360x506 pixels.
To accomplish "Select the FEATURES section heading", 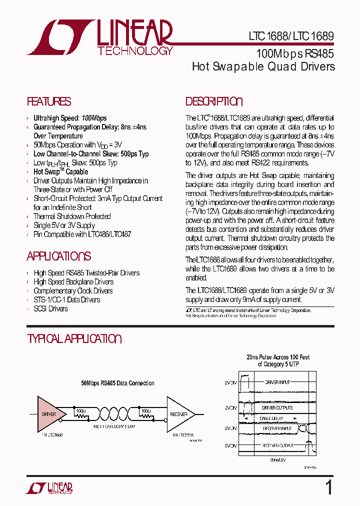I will coord(49,101).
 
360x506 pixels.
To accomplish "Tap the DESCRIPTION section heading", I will coord(214,101).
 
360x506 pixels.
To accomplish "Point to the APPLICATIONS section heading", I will coord(58,256).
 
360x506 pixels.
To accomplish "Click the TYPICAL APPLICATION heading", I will coord(74,338).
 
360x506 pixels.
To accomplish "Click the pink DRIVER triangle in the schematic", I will coord(50,414).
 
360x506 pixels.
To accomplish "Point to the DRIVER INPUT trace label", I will coord(278,382).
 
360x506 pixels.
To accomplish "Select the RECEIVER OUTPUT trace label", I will coord(278,444).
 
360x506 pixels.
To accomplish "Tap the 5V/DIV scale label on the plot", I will coord(230,445).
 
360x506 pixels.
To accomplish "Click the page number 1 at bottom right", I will coord(328,487).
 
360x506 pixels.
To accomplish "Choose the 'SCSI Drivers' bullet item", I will coord(50,309).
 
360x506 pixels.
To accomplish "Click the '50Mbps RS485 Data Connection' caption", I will coord(117,383).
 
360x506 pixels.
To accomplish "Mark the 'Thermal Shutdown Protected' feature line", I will coord(72,216).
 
